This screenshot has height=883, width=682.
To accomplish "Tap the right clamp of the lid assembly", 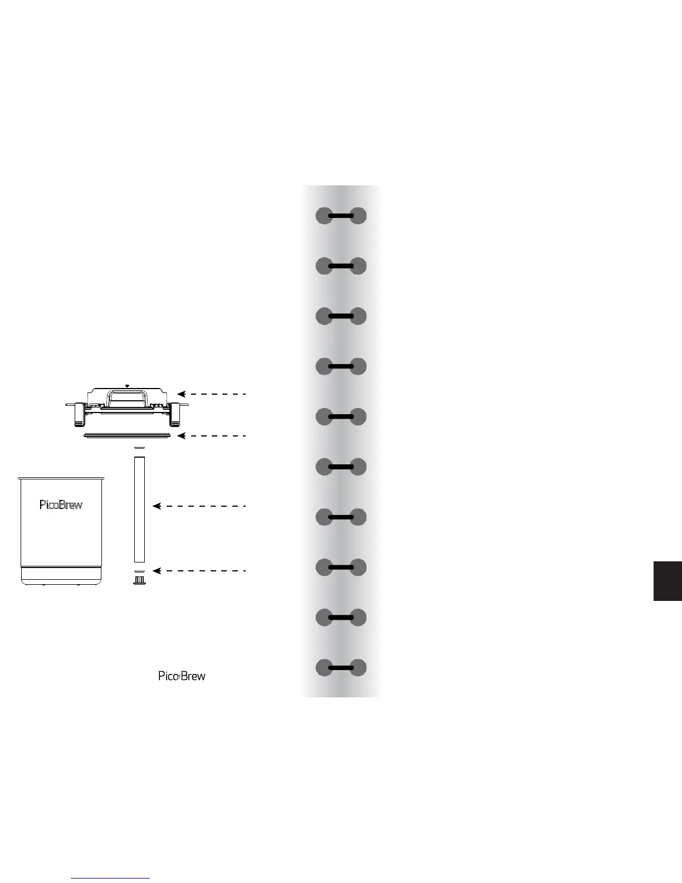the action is (177, 413).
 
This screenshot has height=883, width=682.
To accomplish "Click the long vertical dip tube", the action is (139, 509).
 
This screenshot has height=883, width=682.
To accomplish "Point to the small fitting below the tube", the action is (139, 581).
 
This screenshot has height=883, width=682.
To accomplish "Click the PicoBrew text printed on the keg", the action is (61, 505).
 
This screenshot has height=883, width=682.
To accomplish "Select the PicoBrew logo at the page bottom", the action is (182, 676).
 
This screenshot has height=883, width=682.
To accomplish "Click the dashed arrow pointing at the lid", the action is (212, 394).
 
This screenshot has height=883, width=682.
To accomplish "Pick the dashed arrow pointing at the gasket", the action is (212, 436).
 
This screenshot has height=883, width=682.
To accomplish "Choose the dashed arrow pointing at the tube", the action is (199, 506).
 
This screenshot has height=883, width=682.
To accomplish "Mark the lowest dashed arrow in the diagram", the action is (199, 571).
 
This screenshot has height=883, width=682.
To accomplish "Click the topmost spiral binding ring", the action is (341, 216).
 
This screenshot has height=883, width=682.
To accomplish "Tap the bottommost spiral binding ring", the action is (341, 668).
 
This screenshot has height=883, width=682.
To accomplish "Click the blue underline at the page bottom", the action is (110, 879).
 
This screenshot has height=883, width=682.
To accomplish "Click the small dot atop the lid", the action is (128, 386).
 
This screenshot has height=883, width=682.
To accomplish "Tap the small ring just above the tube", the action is (139, 448).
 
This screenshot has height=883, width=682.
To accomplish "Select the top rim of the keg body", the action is (61, 478).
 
